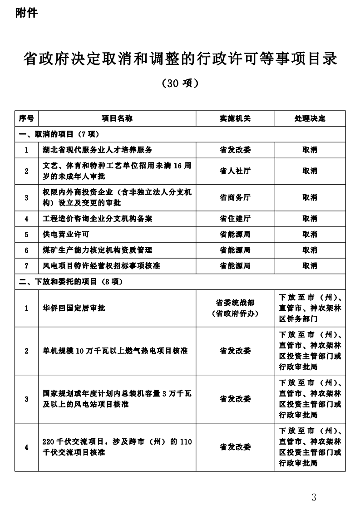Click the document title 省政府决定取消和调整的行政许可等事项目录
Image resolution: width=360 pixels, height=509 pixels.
click(x=180, y=59)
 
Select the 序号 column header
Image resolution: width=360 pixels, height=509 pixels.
click(x=26, y=118)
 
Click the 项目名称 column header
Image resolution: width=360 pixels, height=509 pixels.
click(x=117, y=118)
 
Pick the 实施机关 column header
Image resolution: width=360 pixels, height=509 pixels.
click(x=235, y=118)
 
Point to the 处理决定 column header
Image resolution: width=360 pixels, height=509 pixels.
click(x=310, y=118)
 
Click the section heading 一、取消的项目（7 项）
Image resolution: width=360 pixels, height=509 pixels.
click(x=59, y=134)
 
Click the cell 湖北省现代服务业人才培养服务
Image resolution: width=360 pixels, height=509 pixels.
click(x=98, y=150)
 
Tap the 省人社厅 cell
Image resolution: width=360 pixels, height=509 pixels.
click(x=235, y=171)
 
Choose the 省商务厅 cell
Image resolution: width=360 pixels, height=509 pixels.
click(x=235, y=197)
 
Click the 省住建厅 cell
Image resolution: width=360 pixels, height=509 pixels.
click(x=235, y=219)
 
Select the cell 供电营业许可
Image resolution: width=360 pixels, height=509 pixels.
click(x=66, y=234)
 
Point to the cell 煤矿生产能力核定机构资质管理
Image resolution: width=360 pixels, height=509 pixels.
click(x=98, y=250)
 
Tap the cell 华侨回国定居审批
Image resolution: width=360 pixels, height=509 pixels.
click(x=74, y=308)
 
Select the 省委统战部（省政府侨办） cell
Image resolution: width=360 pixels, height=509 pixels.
click(x=235, y=308)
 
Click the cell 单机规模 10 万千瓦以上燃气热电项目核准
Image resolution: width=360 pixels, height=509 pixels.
click(x=115, y=351)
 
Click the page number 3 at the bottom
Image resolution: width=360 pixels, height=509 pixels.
click(x=314, y=497)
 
